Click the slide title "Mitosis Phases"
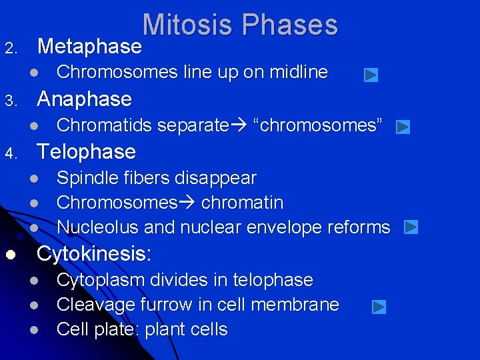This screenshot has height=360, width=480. [x=240, y=25]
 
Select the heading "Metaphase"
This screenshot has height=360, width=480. [x=89, y=47]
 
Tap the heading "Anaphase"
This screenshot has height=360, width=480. [x=85, y=99]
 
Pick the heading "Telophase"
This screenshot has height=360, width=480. [x=87, y=152]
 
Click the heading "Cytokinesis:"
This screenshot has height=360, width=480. [x=95, y=254]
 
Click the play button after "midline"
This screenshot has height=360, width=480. [x=371, y=75]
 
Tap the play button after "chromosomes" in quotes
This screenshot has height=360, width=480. [x=403, y=127]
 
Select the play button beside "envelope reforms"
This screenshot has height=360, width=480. [x=411, y=227]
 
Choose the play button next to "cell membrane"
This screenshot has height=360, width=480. [x=379, y=307]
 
